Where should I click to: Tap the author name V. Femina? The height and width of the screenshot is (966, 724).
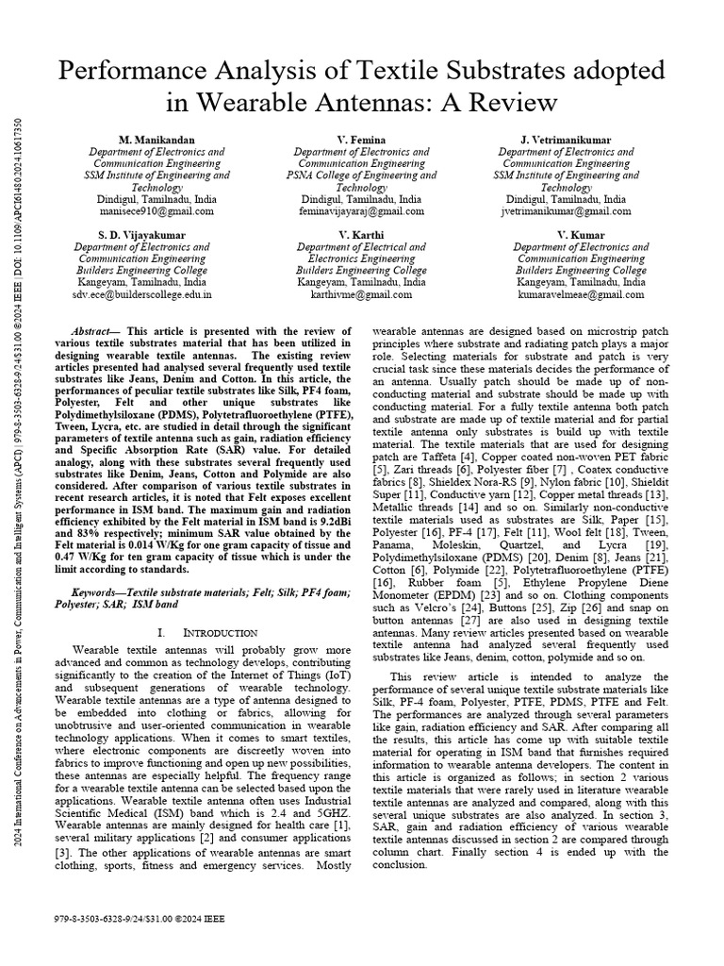click(361, 140)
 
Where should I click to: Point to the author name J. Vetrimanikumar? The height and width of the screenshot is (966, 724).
click(566, 140)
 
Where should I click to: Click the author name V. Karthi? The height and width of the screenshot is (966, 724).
click(361, 234)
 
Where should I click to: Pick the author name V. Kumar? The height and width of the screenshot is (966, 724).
click(580, 234)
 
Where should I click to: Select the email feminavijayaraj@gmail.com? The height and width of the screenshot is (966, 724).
click(361, 212)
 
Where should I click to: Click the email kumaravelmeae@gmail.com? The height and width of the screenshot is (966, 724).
click(580, 294)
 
